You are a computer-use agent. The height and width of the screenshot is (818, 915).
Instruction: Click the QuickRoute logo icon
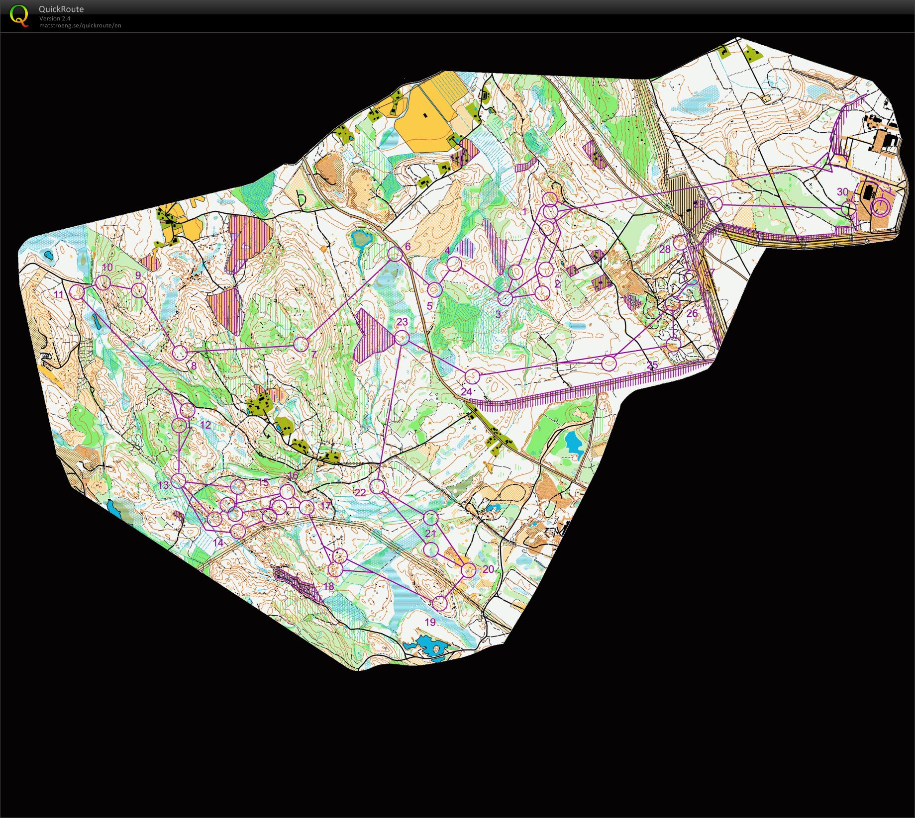tap(19, 15)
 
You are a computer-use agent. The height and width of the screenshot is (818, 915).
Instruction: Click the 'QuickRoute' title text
tap(61, 9)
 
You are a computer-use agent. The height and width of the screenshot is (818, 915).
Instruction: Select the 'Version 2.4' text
tap(55, 18)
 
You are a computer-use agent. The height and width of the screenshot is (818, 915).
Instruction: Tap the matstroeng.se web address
tap(80, 25)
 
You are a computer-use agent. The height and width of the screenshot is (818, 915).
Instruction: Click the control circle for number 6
tap(395, 254)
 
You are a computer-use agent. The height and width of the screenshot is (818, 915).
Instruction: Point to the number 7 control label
tap(313, 354)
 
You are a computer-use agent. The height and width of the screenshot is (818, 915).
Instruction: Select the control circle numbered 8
tap(180, 353)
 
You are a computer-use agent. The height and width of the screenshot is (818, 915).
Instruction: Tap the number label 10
tap(107, 268)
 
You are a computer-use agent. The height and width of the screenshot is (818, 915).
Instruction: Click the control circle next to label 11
tap(77, 292)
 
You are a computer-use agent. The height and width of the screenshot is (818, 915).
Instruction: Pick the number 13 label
tap(164, 485)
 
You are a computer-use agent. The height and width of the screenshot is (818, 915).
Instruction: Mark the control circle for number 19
tap(439, 604)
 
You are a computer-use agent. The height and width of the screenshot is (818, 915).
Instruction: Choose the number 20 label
tap(489, 569)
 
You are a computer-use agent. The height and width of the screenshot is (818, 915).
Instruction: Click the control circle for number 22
tap(378, 487)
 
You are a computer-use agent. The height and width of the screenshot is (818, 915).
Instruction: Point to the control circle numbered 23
tap(402, 338)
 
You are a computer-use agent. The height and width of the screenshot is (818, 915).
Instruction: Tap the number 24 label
tap(466, 392)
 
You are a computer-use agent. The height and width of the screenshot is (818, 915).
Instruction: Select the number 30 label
tap(842, 192)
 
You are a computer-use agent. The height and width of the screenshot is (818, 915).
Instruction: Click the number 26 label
tap(692, 313)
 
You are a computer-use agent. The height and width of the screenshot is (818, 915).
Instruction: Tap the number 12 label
tap(205, 425)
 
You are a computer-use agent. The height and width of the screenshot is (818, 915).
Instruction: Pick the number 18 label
tap(328, 586)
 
